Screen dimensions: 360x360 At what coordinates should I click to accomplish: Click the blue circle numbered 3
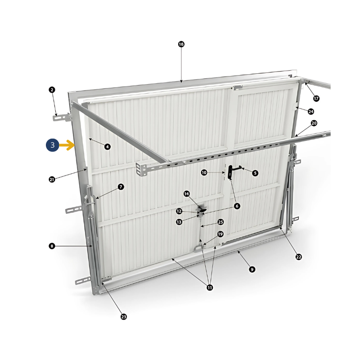point(53,145)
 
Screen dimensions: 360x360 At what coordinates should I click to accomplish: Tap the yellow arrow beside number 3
point(67,145)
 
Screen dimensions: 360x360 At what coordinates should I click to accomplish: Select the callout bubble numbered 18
point(181,44)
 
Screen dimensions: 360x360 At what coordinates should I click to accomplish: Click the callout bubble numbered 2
point(52,90)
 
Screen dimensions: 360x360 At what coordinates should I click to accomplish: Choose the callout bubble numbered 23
point(124,317)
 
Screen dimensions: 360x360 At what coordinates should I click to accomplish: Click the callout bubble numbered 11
point(210,288)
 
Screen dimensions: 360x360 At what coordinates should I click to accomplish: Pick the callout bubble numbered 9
point(252,269)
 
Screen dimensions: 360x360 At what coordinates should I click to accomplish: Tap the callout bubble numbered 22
point(299,257)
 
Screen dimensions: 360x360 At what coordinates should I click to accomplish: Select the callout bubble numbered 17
point(316,99)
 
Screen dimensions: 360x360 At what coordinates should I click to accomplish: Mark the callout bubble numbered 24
point(311,112)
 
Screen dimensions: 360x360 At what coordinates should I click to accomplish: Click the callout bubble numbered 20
point(314,123)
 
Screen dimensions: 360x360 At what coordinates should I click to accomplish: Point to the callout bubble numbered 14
point(187,194)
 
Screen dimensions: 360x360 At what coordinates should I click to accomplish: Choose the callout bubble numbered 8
point(52,246)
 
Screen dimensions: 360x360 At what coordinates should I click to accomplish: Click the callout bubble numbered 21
point(52,179)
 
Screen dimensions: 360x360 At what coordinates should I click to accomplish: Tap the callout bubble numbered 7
point(121,187)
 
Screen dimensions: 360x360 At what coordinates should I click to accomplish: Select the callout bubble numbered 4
point(108,147)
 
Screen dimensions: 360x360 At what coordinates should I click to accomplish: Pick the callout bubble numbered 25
point(220,222)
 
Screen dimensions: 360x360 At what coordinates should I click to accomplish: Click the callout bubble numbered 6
point(237,206)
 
